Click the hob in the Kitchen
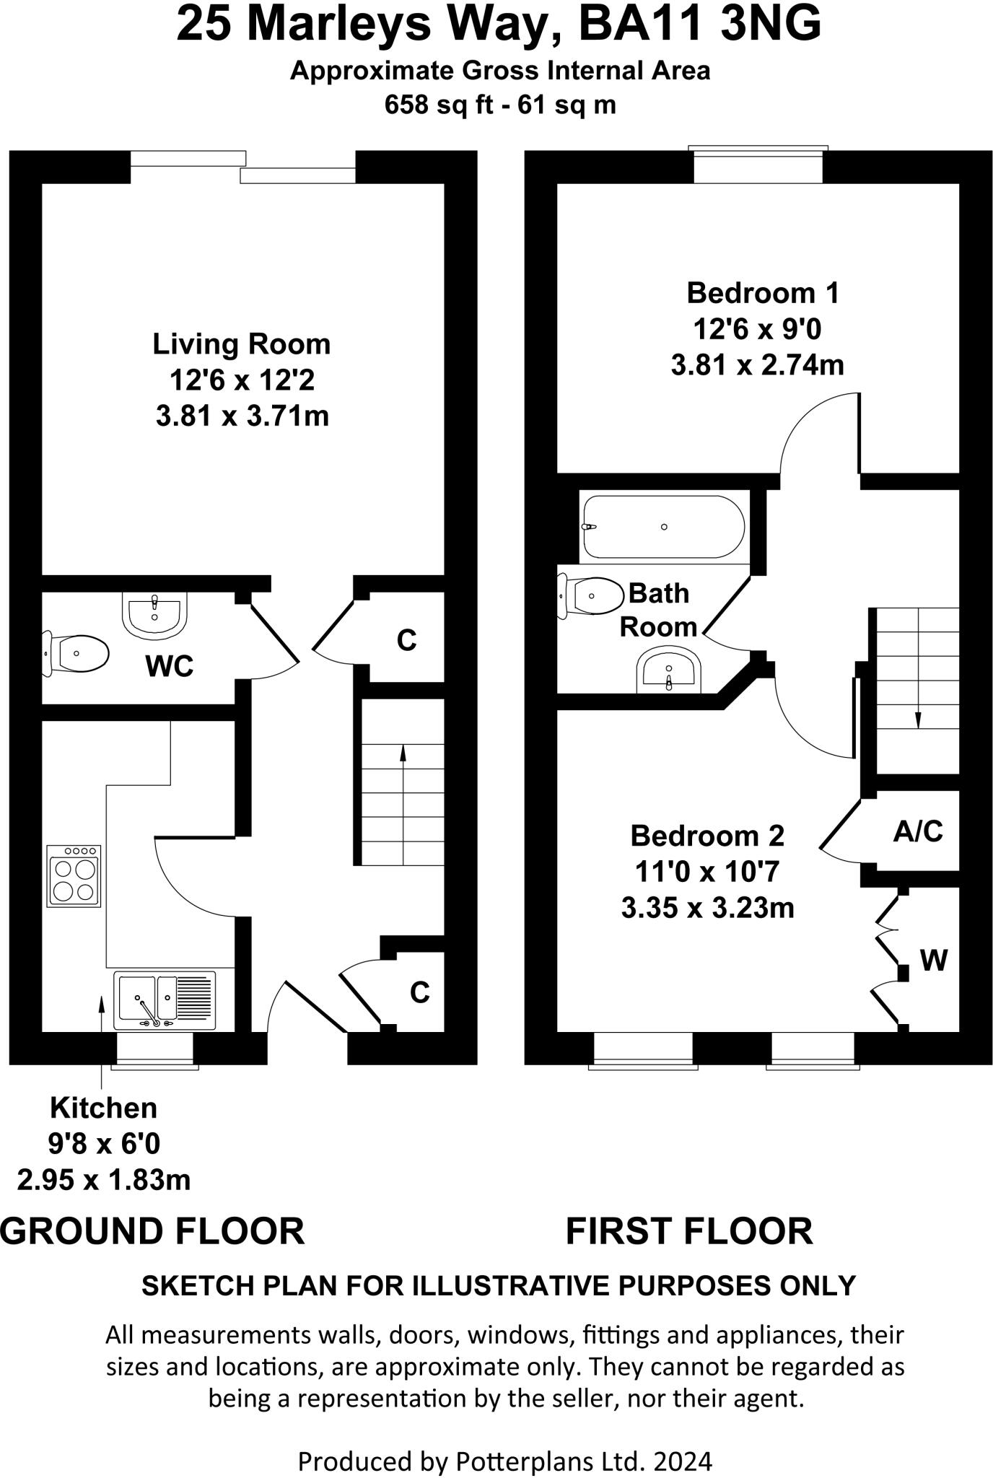click(74, 875)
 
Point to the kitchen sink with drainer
click(165, 1000)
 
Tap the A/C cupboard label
click(917, 831)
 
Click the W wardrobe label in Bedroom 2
click(933, 961)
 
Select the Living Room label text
click(241, 344)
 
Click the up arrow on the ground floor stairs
click(403, 754)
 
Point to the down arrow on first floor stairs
click(918, 720)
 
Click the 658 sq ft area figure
click(435, 105)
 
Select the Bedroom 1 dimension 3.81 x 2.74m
click(757, 365)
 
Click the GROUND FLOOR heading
click(153, 1231)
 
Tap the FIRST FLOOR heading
click(688, 1231)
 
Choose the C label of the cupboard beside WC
click(406, 640)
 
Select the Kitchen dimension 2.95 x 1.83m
click(104, 1181)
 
